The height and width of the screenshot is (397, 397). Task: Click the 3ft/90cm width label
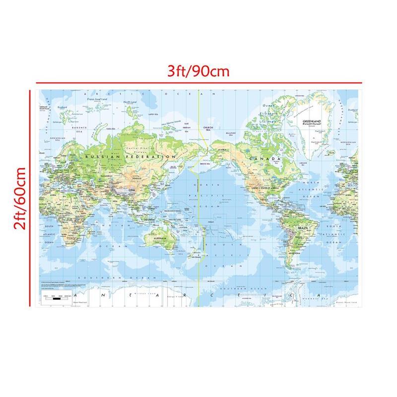[198, 71]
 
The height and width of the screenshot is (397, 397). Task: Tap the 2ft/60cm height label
[20, 198]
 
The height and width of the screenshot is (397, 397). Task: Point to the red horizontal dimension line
[198, 83]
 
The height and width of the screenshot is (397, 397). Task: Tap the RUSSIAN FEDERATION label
[130, 156]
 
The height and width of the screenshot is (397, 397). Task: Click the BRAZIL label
[302, 228]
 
